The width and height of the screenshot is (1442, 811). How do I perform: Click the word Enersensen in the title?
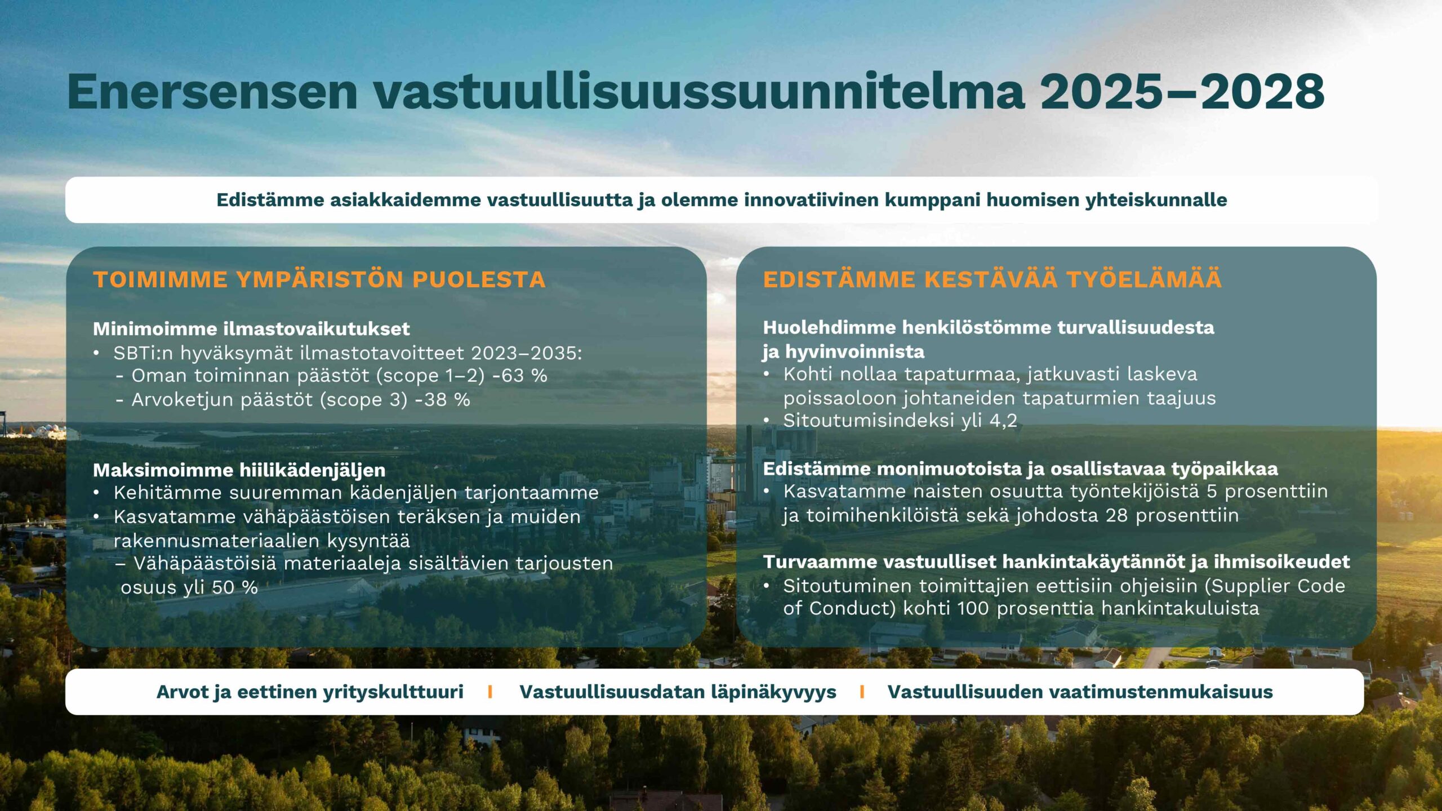point(212,91)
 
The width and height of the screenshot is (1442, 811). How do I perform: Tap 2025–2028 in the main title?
point(1182,91)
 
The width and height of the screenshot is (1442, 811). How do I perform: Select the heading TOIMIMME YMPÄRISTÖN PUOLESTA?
point(319,279)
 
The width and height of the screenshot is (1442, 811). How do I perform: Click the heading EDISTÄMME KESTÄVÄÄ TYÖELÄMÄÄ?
point(993,279)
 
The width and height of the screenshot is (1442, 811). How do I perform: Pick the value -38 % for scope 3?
point(442,400)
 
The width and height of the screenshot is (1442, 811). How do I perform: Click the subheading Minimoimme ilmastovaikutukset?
point(251,328)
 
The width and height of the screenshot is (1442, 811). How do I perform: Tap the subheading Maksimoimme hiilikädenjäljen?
point(239,470)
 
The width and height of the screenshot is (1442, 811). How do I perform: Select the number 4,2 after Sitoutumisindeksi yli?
point(1003,421)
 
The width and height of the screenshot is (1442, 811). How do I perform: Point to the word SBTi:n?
point(143,353)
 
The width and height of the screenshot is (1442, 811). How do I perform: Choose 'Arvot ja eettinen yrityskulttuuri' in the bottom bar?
point(310,692)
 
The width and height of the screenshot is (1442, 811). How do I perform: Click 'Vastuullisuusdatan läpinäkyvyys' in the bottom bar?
point(678,692)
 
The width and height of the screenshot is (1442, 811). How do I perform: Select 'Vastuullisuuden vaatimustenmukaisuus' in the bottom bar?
point(1080,692)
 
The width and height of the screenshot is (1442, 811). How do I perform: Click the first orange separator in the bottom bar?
point(490,692)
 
